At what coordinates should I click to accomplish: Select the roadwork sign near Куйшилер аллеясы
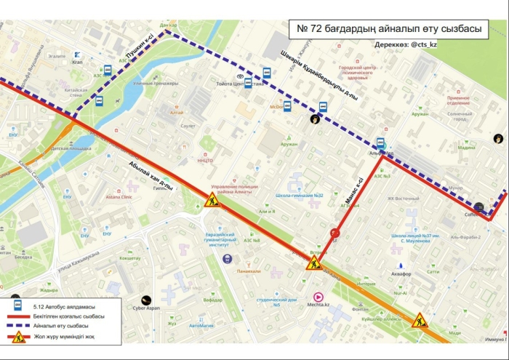[x=420, y=320]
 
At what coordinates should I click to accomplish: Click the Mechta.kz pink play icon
[x=317, y=296]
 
